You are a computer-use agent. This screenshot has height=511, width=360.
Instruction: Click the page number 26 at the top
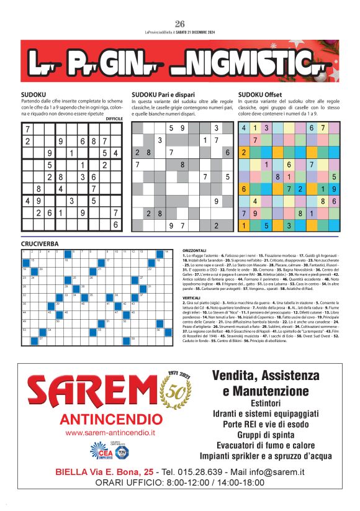tap(180, 24)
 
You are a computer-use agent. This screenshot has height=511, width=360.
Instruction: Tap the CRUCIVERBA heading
tap(40, 244)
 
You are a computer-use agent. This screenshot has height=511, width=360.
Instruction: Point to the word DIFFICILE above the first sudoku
tap(115, 118)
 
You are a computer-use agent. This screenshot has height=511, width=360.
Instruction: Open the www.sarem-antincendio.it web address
tap(110, 432)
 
